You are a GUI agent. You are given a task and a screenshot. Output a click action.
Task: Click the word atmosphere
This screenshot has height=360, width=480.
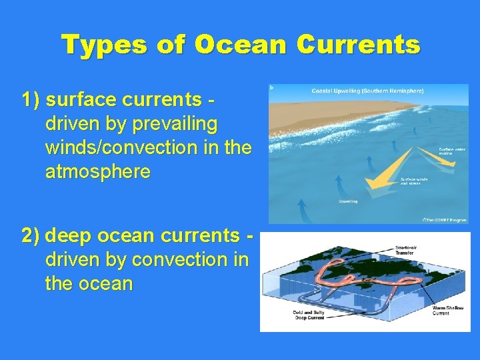(98, 172)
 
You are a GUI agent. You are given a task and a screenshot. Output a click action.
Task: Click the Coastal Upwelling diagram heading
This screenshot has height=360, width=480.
(368, 91)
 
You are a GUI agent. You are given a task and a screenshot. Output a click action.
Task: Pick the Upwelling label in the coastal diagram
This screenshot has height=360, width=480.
(348, 201)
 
